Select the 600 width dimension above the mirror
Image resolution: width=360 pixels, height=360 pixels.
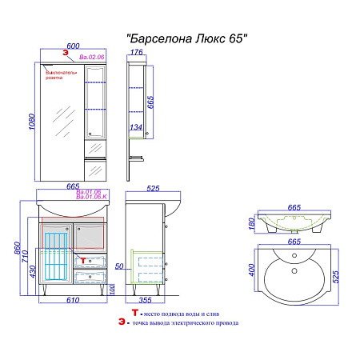point(72,46)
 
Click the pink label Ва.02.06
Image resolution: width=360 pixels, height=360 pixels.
point(92,58)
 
